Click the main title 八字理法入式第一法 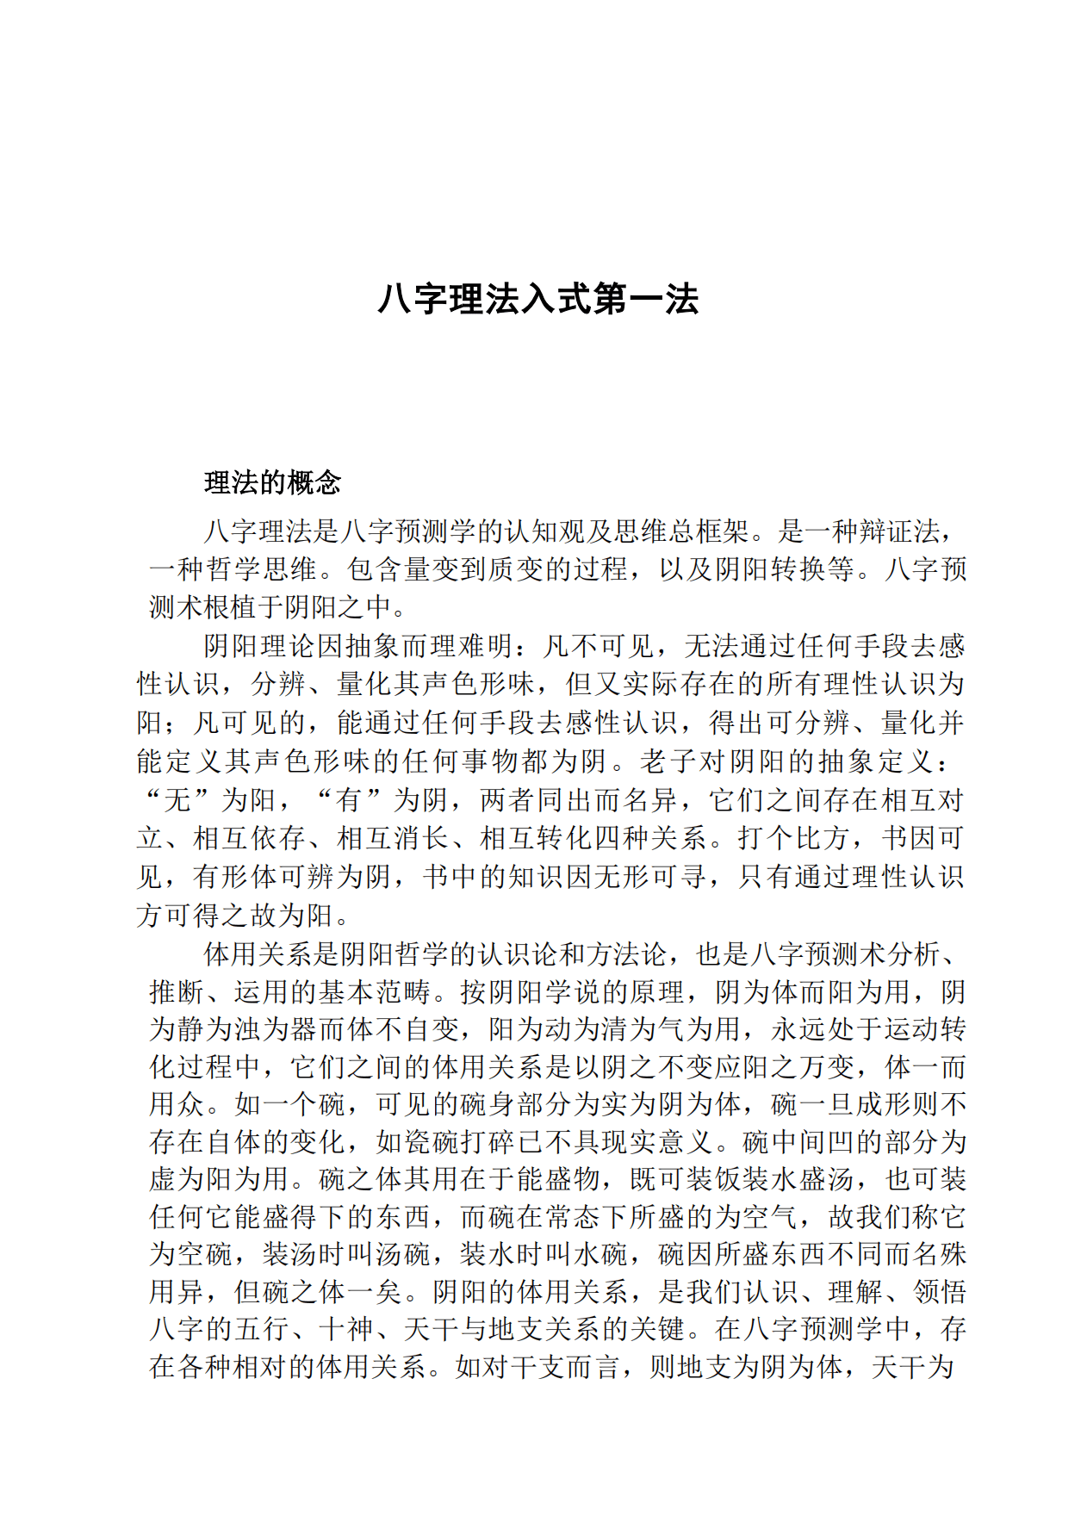(x=538, y=300)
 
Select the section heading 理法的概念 (x=272, y=482)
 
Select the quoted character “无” (x=177, y=800)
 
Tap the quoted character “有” (x=349, y=800)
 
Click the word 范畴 (x=403, y=992)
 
